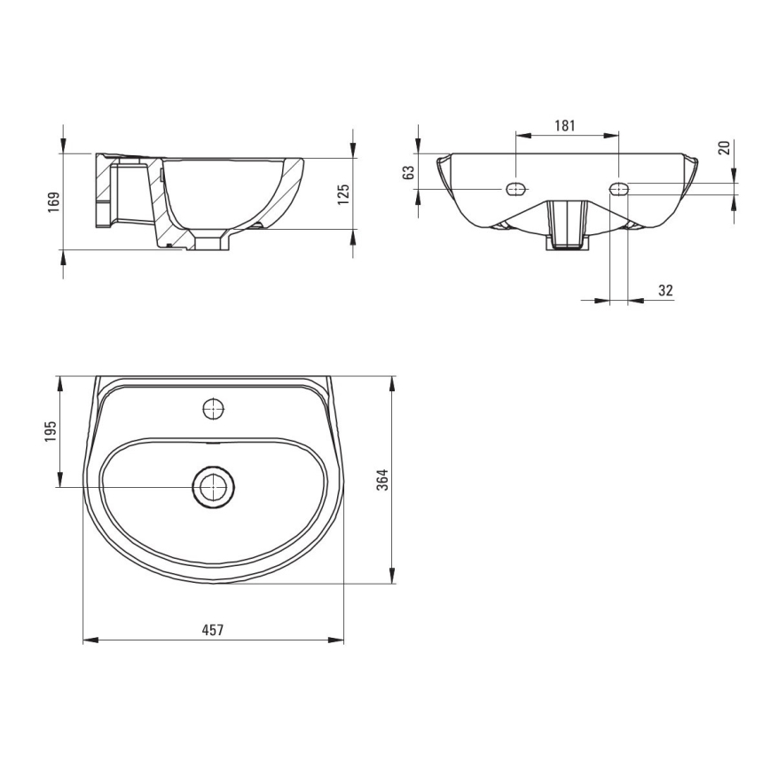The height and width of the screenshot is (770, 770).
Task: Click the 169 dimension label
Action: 54,202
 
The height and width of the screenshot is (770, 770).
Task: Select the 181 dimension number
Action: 565,125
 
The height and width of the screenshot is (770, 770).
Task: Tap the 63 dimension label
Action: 409,172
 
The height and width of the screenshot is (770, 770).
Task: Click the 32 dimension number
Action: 666,289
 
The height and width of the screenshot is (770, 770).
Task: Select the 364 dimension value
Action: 383,480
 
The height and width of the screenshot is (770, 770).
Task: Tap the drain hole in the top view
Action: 213,487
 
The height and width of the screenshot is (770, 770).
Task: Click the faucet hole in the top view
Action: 213,410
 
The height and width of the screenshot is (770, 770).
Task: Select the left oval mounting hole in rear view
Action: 515,189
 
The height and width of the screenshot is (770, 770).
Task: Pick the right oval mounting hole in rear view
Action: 619,189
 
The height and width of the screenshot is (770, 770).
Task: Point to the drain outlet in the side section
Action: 212,241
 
